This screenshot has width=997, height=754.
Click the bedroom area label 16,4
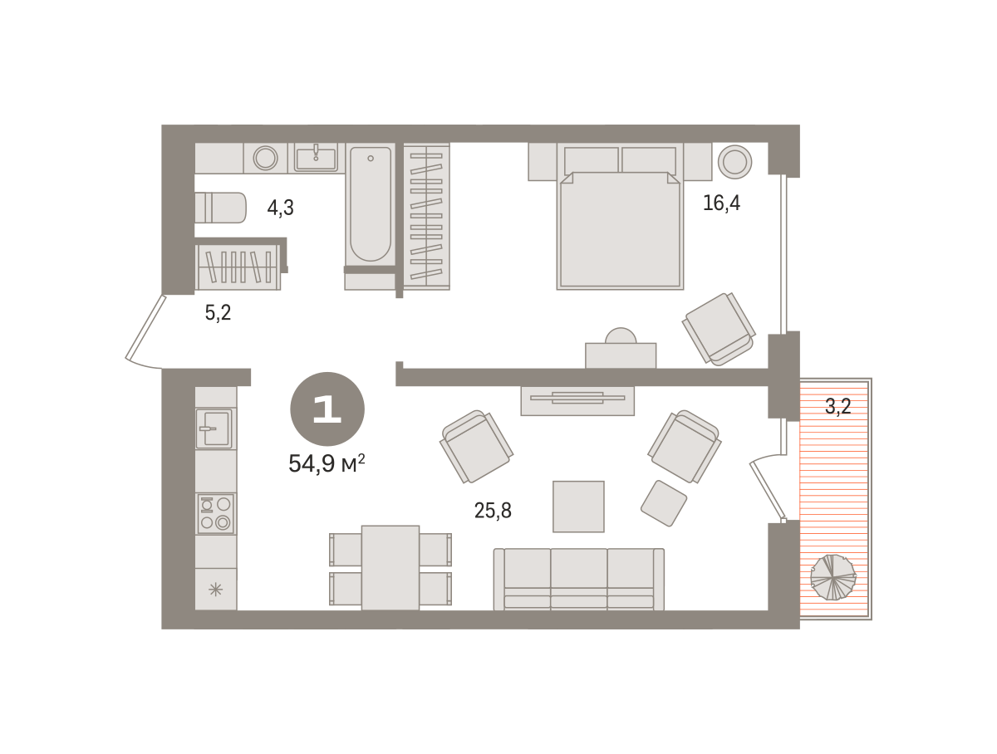pos(721,203)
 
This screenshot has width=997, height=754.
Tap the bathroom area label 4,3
pos(280,208)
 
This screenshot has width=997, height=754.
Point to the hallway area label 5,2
pos(218,313)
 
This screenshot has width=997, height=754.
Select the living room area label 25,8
pos(493,511)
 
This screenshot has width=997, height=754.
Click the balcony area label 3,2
pos(838,406)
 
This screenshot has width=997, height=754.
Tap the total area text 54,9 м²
pos(327,463)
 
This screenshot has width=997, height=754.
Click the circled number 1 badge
pos(327,409)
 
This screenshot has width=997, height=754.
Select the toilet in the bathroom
pos(221,208)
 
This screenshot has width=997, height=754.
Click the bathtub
pos(371,204)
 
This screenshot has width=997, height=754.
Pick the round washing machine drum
pos(265,158)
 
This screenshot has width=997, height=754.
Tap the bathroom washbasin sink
pos(316,158)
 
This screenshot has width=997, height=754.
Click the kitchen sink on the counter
pos(214,428)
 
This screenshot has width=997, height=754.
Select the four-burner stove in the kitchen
pos(216,514)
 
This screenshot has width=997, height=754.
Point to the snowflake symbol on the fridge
pos(215,590)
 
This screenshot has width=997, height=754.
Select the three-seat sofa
pos(578,580)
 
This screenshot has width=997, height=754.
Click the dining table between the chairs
pos(390,568)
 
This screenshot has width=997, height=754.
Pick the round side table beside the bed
pos(735,162)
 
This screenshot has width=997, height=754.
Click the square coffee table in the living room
pos(578,507)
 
